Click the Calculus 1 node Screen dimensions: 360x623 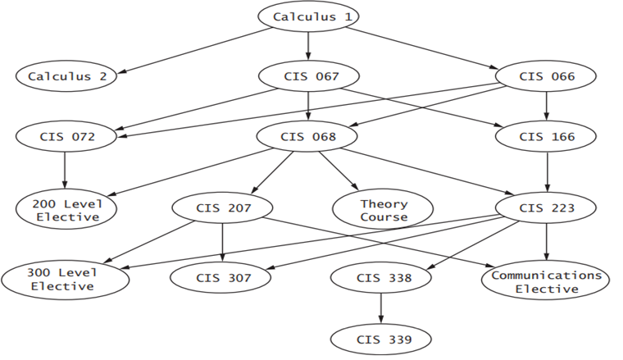point(308,16)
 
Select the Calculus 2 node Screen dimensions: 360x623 point(66,76)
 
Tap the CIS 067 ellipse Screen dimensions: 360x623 point(308,76)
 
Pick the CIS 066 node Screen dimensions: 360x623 point(547,76)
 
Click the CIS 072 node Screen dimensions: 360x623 point(66,136)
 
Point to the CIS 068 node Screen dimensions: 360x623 point(308,136)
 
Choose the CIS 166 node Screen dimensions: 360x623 point(547,136)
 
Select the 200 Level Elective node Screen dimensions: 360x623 point(66,210)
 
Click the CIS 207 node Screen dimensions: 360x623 point(223,207)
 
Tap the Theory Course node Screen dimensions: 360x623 point(384,210)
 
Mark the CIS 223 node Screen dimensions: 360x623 point(547,207)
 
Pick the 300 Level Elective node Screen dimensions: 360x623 point(66,279)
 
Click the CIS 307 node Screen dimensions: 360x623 point(223,277)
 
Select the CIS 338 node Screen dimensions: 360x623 point(384,277)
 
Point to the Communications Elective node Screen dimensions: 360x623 point(547,281)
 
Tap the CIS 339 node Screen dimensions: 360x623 point(384,338)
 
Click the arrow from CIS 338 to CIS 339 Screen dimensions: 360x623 point(381,308)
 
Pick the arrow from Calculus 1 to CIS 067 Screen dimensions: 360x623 point(308,46)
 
